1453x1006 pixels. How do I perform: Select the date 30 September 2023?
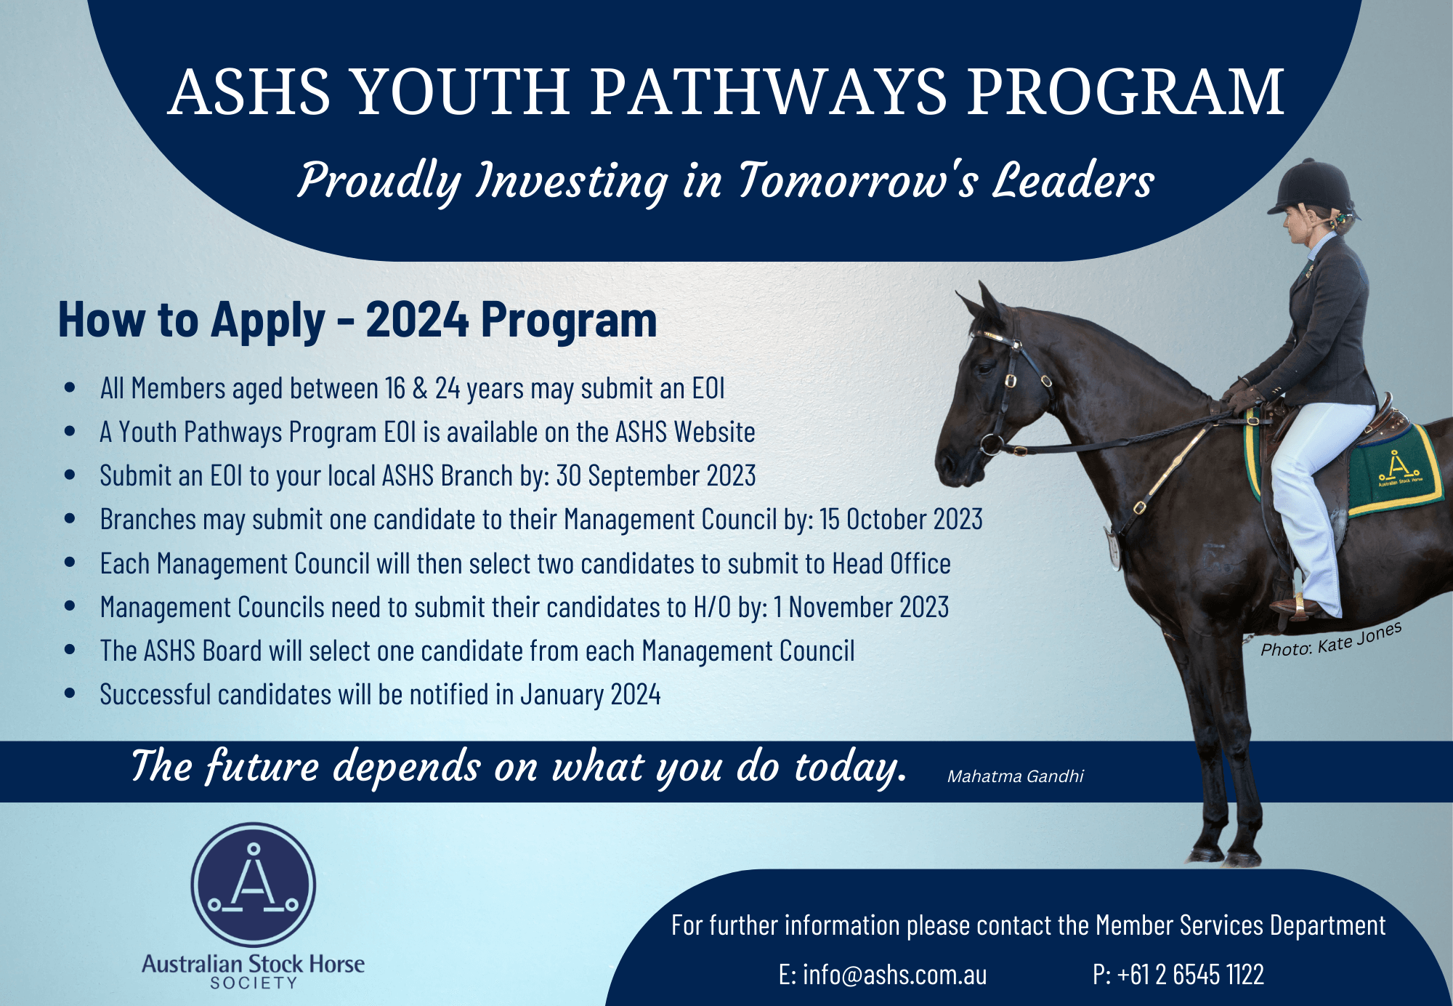tap(656, 476)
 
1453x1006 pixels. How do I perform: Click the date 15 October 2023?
tap(901, 520)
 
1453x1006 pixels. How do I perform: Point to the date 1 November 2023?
tap(861, 607)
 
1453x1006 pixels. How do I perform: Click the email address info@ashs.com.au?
tap(894, 975)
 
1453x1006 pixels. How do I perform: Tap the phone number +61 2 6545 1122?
tap(1191, 975)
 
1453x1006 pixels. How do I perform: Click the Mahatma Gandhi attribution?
tap(1015, 776)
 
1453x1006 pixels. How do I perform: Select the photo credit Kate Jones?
tap(1359, 637)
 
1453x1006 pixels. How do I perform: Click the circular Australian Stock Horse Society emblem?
tap(254, 885)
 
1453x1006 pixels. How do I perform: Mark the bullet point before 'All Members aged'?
tap(70, 388)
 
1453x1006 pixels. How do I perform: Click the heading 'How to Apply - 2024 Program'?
tap(357, 321)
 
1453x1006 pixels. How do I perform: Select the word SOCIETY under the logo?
tap(254, 983)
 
